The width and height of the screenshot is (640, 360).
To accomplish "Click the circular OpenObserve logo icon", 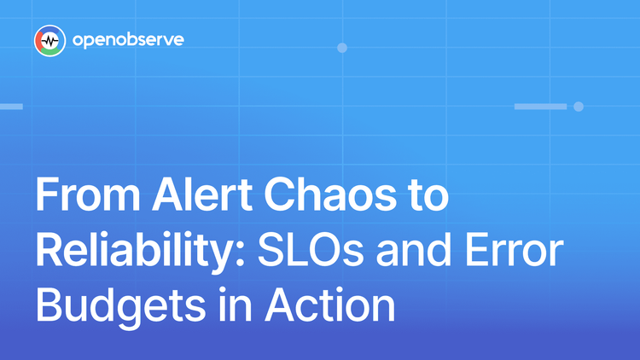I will pos(50,41).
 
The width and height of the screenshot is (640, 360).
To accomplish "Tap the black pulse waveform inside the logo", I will pos(50,41).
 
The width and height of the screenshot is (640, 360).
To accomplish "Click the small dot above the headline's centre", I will pos(342,48).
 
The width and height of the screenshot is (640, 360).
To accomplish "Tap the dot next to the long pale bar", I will pos(579,107).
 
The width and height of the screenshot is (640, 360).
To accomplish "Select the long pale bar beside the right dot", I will pos(540,107).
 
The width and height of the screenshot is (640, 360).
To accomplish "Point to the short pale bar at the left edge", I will pos(10,107).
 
